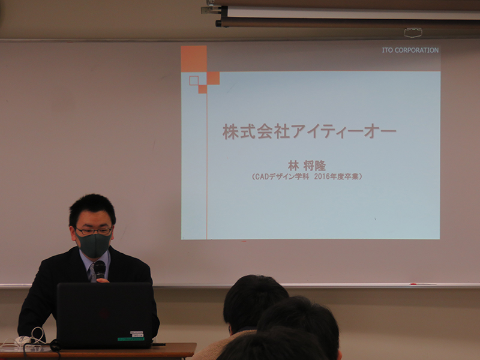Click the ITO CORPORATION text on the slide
pyautogui.click(x=410, y=50)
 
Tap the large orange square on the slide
pyautogui.click(x=193, y=58)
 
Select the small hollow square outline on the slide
pyautogui.click(x=194, y=80)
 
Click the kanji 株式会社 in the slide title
pyautogui.click(x=256, y=131)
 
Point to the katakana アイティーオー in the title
pyautogui.click(x=343, y=131)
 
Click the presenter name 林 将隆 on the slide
pyautogui.click(x=307, y=166)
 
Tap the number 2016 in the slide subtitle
pyautogui.click(x=323, y=176)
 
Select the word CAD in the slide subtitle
pyautogui.click(x=262, y=176)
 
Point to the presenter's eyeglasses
pyautogui.click(x=94, y=231)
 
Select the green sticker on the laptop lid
pyautogui.click(x=131, y=339)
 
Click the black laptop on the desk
pyautogui.click(x=104, y=316)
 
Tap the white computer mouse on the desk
pyautogui.click(x=23, y=340)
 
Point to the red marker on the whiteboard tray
pyautogui.click(x=413, y=284)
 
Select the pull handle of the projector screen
pyautogui.click(x=413, y=32)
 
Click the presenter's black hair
pyautogui.click(x=92, y=208)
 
